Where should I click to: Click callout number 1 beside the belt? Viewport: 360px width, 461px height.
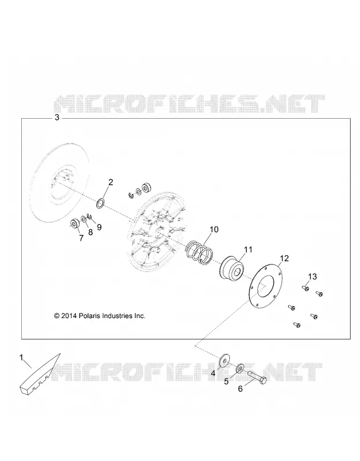point(21,357)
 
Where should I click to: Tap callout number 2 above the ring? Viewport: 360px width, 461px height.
point(111,182)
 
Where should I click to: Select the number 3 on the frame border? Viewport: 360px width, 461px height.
point(56,118)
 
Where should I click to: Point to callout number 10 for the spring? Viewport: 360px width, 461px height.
point(214,229)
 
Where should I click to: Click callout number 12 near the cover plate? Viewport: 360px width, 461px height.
point(284,258)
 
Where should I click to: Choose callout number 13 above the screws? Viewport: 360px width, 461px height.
point(312,277)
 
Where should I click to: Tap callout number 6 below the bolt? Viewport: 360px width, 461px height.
point(240,388)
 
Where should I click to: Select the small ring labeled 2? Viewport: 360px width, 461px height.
point(101,203)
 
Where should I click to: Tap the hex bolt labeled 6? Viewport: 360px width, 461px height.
point(257,377)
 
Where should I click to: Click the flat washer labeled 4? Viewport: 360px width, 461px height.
point(225,360)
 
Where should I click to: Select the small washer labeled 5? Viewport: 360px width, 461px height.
point(240,368)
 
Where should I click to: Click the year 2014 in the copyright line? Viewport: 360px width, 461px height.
point(69,316)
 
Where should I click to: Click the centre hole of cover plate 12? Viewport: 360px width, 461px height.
point(266,285)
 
